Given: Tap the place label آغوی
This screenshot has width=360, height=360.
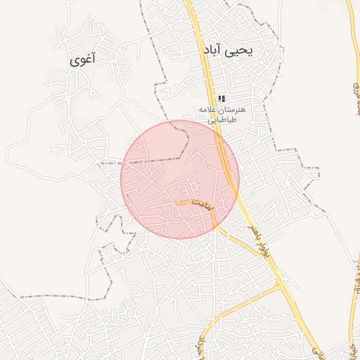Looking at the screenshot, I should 84,61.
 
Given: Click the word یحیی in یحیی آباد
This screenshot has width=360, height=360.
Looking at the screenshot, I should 240,51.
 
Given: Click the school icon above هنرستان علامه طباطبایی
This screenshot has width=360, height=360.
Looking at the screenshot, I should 221,99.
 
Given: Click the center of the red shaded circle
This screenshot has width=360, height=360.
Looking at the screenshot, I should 180,179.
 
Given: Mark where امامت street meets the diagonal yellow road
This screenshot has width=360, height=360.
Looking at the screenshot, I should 214,224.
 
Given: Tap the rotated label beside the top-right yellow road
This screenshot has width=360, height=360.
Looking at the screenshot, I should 352,91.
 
